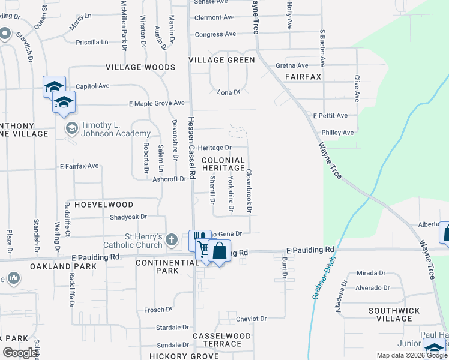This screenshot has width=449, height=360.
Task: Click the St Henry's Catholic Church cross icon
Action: click(x=172, y=241)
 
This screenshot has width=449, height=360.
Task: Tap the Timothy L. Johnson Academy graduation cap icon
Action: click(x=71, y=128)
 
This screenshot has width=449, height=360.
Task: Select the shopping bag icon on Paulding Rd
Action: click(x=220, y=251)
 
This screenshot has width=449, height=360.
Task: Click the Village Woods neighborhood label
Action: click(x=140, y=67)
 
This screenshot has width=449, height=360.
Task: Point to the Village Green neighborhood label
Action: click(x=221, y=60)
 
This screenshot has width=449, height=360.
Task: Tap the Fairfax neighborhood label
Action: click(x=303, y=77)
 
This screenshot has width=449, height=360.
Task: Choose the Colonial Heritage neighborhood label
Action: click(x=223, y=164)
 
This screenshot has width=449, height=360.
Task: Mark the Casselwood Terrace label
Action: click(x=217, y=340)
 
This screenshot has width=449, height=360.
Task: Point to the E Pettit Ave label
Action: click(x=330, y=115)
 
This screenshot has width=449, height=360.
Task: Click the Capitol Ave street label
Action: click(x=92, y=86)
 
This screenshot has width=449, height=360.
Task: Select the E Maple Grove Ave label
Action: click(x=157, y=103)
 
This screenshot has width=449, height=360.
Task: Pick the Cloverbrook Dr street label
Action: click(x=249, y=191)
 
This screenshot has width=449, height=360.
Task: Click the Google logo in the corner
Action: click(x=20, y=353)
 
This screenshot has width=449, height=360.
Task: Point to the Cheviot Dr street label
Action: click(x=250, y=319)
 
